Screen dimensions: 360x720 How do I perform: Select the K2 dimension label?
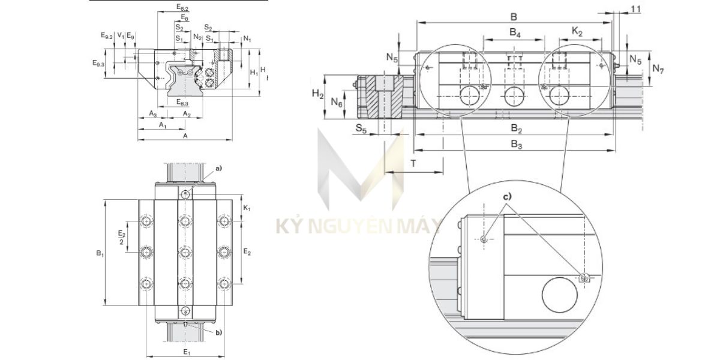point(577,32)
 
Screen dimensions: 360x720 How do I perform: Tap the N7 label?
point(658,69)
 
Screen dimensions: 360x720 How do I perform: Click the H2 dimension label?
point(318,93)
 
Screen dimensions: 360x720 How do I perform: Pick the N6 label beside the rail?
point(337,103)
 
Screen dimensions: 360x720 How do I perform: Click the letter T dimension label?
point(413,163)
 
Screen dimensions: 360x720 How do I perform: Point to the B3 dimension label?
point(516,144)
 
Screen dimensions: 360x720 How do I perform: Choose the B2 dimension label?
point(516,129)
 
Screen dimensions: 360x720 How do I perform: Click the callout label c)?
point(507,196)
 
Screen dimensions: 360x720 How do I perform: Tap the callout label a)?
point(218,169)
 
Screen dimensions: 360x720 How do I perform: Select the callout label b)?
point(218,332)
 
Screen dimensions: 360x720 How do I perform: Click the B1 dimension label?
point(100,254)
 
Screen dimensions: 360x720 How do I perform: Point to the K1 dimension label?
point(248,208)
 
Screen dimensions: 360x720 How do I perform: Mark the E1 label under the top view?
point(187,351)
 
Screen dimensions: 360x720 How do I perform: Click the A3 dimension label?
point(152,113)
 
